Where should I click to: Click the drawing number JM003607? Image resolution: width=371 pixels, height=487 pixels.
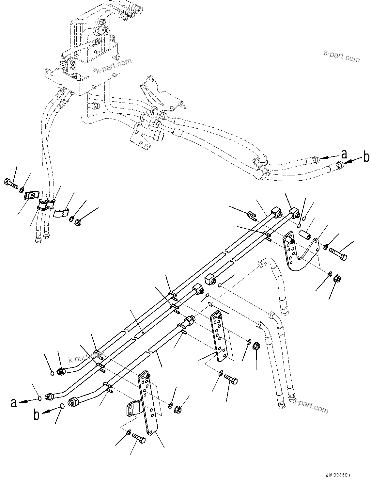(337, 476)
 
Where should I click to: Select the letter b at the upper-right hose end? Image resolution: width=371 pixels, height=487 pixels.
(366, 157)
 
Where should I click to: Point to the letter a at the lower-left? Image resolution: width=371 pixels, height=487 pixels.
(13, 402)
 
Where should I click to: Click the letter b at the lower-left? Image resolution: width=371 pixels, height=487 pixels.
(37, 415)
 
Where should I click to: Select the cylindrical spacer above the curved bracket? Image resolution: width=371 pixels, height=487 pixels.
(304, 235)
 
